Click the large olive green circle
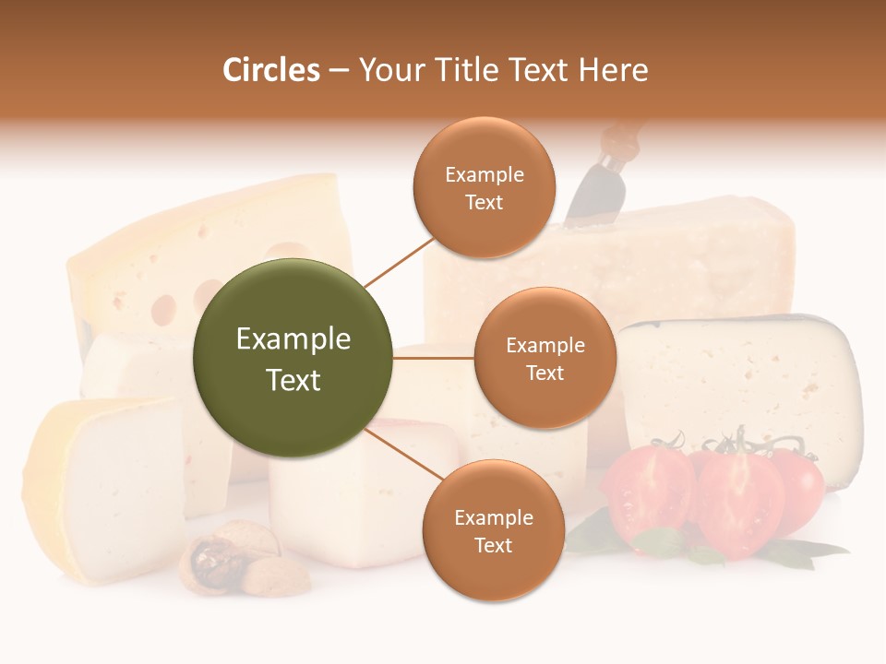293,358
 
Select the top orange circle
484,187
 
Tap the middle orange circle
545,358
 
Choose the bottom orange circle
493,530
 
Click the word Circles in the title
270,70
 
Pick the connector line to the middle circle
433,358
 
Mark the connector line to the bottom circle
406,455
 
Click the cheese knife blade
587,194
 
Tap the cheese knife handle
616,139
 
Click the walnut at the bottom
215,559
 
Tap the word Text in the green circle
293,380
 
